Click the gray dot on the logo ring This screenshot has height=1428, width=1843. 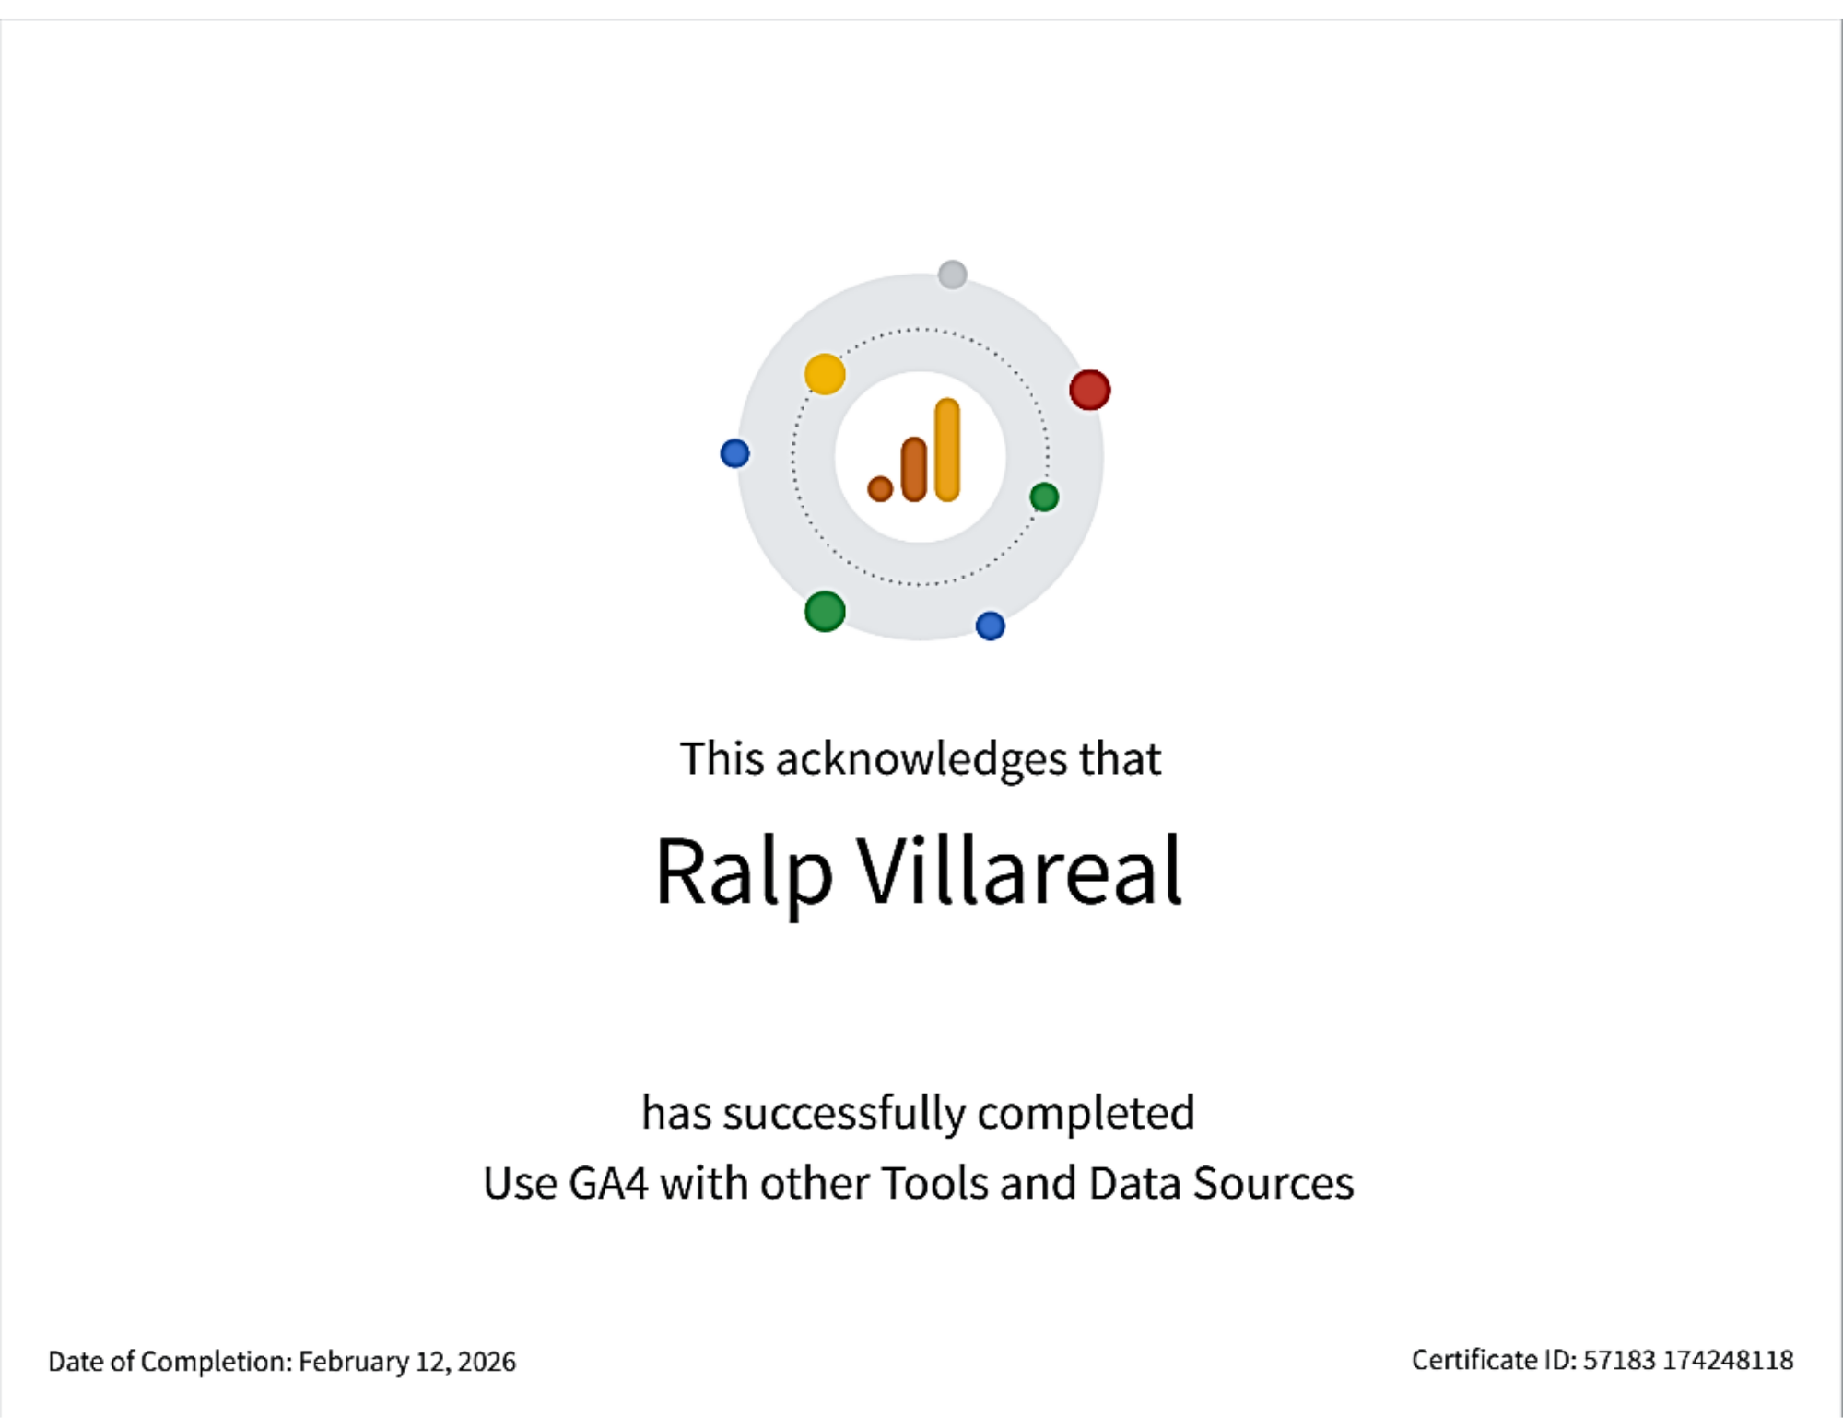(x=952, y=275)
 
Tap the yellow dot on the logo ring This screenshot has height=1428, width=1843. (x=825, y=374)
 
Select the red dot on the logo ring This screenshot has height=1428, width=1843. (x=1089, y=390)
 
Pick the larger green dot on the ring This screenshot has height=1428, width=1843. (x=825, y=612)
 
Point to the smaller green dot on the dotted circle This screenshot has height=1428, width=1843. (x=1044, y=497)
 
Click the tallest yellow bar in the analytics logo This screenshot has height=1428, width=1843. (x=947, y=450)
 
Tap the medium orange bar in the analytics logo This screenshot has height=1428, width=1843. (x=914, y=470)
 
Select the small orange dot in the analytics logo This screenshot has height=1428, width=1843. (x=880, y=488)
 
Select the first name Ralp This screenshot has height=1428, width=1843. (x=744, y=872)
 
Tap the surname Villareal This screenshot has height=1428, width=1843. (x=1020, y=872)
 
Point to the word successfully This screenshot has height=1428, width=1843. (x=844, y=1114)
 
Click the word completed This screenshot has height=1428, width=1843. (x=1086, y=1114)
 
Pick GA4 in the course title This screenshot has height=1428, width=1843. (x=608, y=1184)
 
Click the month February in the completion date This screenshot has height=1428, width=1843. (x=354, y=1362)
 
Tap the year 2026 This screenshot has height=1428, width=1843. (x=487, y=1362)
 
